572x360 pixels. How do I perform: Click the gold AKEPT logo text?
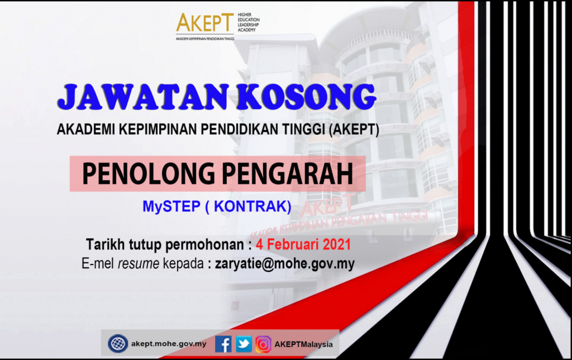[204, 23]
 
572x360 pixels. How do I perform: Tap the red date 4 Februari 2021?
[303, 244]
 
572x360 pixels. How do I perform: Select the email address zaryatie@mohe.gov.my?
[285, 264]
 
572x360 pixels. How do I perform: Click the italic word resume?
[139, 264]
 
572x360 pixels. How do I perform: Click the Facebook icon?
[223, 344]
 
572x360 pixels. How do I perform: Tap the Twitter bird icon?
[244, 344]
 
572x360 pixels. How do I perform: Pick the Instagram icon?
[263, 344]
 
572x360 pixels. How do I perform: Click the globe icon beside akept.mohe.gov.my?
[118, 344]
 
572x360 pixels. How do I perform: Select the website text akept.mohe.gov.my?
[169, 344]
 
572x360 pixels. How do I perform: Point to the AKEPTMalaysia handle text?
[303, 344]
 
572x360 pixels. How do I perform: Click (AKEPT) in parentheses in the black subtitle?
[354, 129]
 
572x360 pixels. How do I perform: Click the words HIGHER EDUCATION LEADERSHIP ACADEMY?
[249, 22]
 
